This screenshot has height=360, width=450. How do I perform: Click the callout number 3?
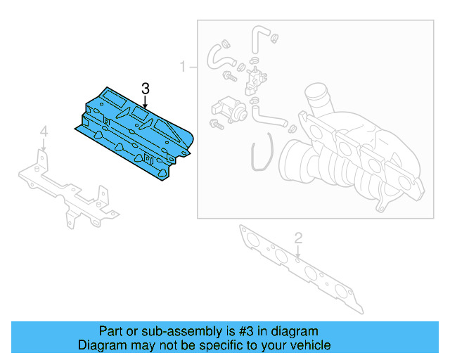pyautogui.click(x=145, y=89)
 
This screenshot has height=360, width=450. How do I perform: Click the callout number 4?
pyautogui.click(x=44, y=131)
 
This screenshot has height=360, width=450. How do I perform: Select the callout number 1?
pyautogui.click(x=183, y=67)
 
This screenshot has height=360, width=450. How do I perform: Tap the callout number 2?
pyautogui.click(x=298, y=238)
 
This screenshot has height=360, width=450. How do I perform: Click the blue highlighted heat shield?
pyautogui.click(x=134, y=134)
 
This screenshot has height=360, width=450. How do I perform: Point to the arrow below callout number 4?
pyautogui.click(x=44, y=145)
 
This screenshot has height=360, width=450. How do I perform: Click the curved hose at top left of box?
pyautogui.click(x=219, y=56)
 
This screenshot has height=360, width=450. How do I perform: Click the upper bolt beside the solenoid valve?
pyautogui.click(x=229, y=74)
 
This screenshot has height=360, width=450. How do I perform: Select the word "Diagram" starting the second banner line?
pyautogui.click(x=101, y=345)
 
